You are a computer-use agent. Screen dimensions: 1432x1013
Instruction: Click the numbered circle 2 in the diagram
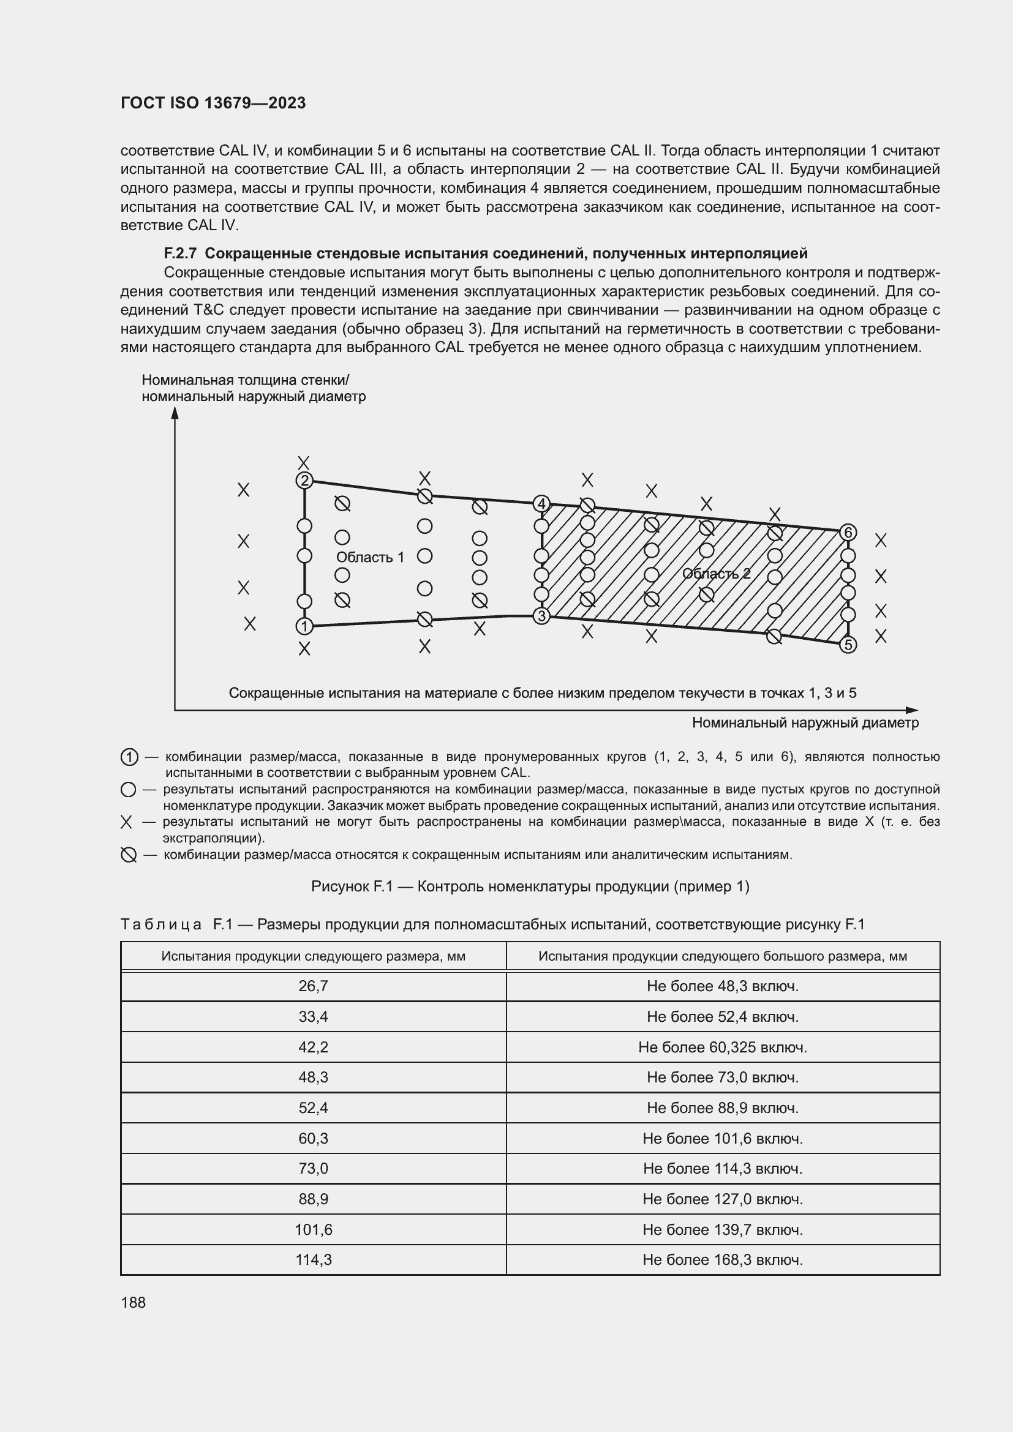click(x=304, y=480)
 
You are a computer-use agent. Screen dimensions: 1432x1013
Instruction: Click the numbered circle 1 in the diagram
click(x=304, y=626)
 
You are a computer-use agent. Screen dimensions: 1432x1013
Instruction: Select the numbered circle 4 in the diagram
click(x=541, y=503)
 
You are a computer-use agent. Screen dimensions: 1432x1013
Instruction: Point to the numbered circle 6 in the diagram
click(x=848, y=532)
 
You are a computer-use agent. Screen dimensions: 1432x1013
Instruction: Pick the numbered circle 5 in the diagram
click(x=848, y=645)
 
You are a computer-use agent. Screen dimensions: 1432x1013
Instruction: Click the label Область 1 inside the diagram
click(x=370, y=557)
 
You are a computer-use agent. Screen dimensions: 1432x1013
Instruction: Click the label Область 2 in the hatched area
click(x=716, y=574)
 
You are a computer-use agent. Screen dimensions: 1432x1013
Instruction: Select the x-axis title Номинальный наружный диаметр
click(x=805, y=723)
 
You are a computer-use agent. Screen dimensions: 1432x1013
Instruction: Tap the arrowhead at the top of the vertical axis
click(x=175, y=413)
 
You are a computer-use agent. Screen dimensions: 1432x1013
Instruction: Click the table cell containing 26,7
click(x=313, y=986)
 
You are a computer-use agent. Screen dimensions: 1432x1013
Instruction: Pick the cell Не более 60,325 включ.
click(x=722, y=1047)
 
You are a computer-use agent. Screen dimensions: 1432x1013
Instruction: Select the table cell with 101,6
click(x=313, y=1230)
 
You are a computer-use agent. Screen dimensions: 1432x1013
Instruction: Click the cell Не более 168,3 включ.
click(x=722, y=1260)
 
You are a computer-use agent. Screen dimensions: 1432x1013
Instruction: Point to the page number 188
click(x=133, y=1302)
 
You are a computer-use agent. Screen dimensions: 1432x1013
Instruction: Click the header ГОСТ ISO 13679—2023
click(x=213, y=103)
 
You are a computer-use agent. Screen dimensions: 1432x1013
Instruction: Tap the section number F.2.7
click(x=180, y=253)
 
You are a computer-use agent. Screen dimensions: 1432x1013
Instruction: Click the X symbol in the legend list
click(x=127, y=823)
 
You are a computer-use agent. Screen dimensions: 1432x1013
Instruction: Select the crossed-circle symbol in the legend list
click(x=129, y=855)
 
